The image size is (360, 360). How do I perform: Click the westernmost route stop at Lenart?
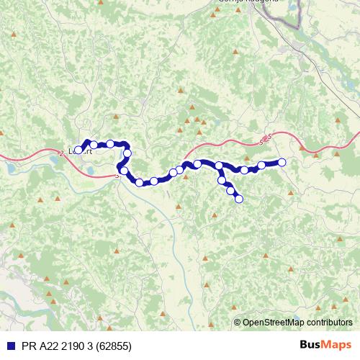pyautogui.click(x=78, y=150)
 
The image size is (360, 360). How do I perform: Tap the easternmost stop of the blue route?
pyautogui.click(x=282, y=162)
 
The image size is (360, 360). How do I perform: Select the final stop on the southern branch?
pyautogui.click(x=238, y=199)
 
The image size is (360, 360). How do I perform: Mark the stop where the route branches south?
pyautogui.click(x=219, y=166)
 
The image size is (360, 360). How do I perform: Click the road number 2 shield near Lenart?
pyautogui.click(x=62, y=152)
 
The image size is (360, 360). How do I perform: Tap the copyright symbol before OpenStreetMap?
pyautogui.click(x=238, y=322)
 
